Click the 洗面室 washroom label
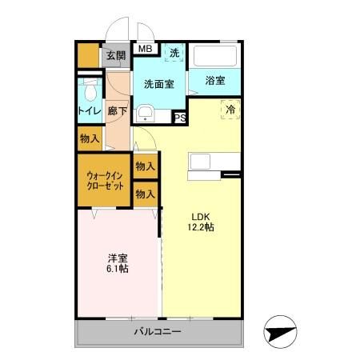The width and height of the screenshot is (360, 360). (158, 83)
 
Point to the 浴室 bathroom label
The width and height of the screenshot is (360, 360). (214, 81)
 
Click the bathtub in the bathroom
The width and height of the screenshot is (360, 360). (215, 56)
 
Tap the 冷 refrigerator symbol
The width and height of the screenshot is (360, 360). (230, 110)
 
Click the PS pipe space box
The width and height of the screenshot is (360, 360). (181, 118)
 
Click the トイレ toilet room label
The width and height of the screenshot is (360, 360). (89, 110)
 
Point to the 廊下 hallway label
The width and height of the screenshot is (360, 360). (118, 110)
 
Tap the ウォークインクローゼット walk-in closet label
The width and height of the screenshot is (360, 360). (105, 179)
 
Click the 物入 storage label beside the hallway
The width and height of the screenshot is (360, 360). (90, 139)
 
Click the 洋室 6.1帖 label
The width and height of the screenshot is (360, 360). (118, 263)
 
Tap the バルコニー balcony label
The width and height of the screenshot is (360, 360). (158, 331)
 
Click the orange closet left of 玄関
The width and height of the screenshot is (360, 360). (87, 54)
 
